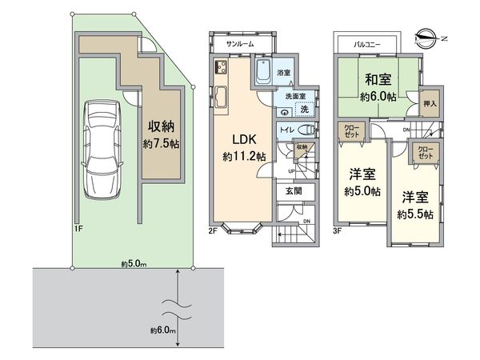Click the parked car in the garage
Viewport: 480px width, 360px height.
[102, 150]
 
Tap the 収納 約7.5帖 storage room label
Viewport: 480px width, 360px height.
[162, 134]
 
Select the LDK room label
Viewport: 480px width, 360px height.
[244, 139]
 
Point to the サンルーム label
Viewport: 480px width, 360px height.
[240, 44]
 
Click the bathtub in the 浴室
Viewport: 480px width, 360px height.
[263, 72]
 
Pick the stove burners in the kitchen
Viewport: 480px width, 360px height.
[221, 66]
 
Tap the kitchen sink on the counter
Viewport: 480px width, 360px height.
[221, 97]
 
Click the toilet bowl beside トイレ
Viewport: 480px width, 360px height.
[307, 130]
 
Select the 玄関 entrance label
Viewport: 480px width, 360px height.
[294, 191]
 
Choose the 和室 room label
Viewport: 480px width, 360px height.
[378, 80]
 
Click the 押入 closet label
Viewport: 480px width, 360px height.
[430, 103]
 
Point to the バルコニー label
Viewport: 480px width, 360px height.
[367, 45]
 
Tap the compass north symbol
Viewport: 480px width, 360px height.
[426, 38]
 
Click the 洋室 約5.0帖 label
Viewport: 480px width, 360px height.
[362, 182]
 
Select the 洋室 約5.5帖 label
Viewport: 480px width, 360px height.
[415, 206]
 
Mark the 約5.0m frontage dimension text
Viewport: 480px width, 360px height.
[134, 263]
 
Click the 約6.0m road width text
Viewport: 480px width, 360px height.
[163, 330]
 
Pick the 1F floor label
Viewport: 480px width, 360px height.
[78, 228]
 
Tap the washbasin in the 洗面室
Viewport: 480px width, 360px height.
[285, 112]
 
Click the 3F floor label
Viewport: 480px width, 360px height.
[337, 231]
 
